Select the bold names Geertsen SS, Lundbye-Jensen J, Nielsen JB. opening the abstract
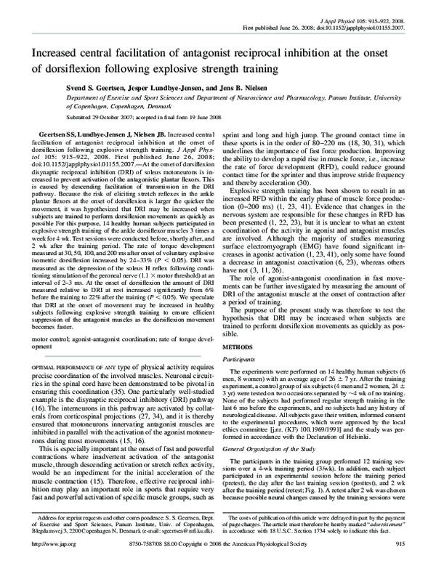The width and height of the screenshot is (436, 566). click(x=107, y=137)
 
